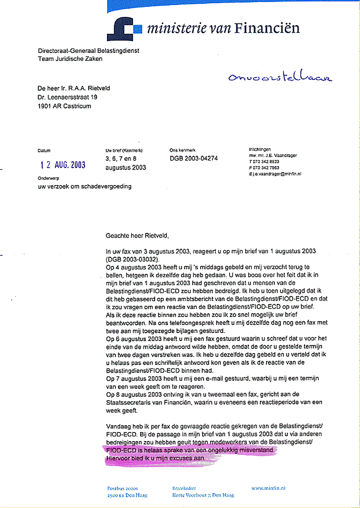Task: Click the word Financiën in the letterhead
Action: click(267, 28)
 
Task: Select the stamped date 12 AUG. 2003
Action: click(63, 165)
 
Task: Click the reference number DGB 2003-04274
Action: click(194, 158)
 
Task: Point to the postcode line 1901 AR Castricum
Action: click(64, 106)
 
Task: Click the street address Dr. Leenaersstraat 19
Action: click(67, 97)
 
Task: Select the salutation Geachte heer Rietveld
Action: click(137, 235)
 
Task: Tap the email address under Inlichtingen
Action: click(275, 174)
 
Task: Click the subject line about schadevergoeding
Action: click(84, 186)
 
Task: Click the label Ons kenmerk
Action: click(182, 150)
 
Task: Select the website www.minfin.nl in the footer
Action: click(268, 488)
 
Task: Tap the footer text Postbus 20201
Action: click(122, 488)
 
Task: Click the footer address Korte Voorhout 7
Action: click(203, 495)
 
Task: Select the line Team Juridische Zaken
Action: click(70, 59)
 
